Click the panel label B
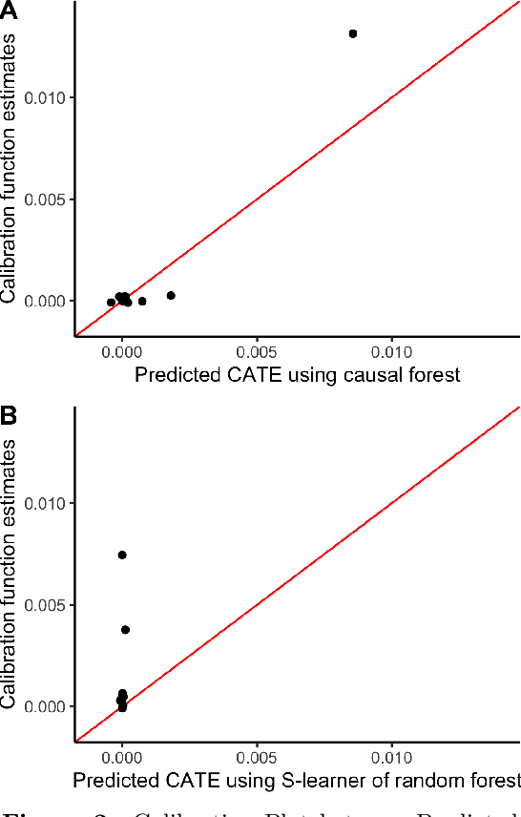click(x=10, y=416)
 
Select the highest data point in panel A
click(x=353, y=33)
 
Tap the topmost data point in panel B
click(x=122, y=555)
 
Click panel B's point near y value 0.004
click(x=126, y=629)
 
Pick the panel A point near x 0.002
click(x=171, y=296)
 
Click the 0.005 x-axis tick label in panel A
click(x=257, y=351)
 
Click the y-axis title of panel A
click(x=10, y=168)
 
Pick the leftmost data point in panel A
click(x=111, y=303)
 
